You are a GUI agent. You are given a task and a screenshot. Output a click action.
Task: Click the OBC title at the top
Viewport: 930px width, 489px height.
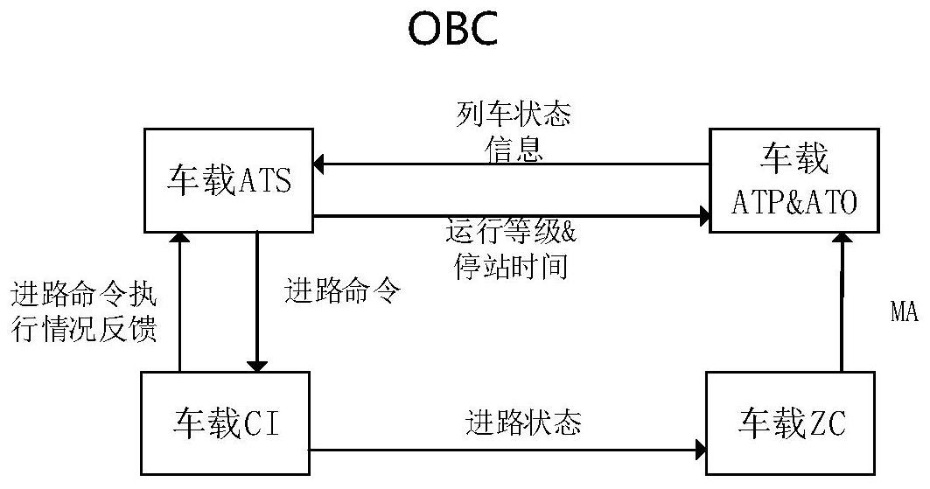coord(452,29)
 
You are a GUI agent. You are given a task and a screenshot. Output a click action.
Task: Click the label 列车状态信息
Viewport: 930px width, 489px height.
coord(514,132)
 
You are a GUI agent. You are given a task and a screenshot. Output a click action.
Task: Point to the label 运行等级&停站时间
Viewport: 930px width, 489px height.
coord(512,249)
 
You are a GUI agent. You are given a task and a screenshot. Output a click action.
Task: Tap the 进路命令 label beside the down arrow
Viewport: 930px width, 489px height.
coord(342,290)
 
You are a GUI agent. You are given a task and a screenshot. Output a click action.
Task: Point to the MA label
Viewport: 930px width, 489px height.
coord(904,313)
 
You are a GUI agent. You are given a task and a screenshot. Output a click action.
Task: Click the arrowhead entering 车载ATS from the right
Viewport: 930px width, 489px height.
coord(319,164)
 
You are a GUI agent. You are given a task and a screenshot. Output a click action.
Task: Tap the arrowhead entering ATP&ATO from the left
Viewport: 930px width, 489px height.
coord(702,216)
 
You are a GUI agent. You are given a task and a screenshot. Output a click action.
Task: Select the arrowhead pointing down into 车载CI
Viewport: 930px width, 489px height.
coord(257,365)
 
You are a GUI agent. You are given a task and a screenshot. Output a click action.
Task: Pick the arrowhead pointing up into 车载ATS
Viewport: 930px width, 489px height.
coord(179,238)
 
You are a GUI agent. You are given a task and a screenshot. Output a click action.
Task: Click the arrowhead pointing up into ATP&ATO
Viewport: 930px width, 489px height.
coord(842,239)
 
